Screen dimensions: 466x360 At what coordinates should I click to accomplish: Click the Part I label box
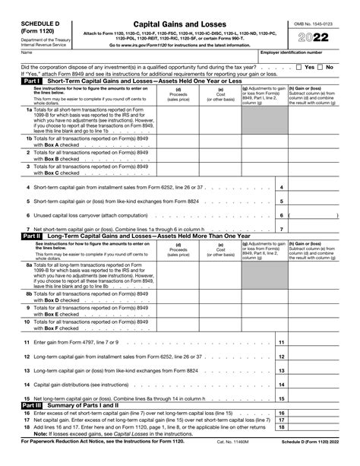pyautogui.click(x=31, y=80)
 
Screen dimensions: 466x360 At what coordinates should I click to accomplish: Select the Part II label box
pyautogui.click(x=31, y=236)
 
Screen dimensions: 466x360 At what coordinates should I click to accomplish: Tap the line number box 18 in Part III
pyautogui.click(x=281, y=427)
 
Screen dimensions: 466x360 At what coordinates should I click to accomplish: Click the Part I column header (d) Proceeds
pyautogui.click(x=178, y=94)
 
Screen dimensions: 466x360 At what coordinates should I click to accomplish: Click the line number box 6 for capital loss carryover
pyautogui.click(x=281, y=215)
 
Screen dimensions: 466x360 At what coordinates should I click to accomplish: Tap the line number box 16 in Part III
pyautogui.click(x=281, y=413)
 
